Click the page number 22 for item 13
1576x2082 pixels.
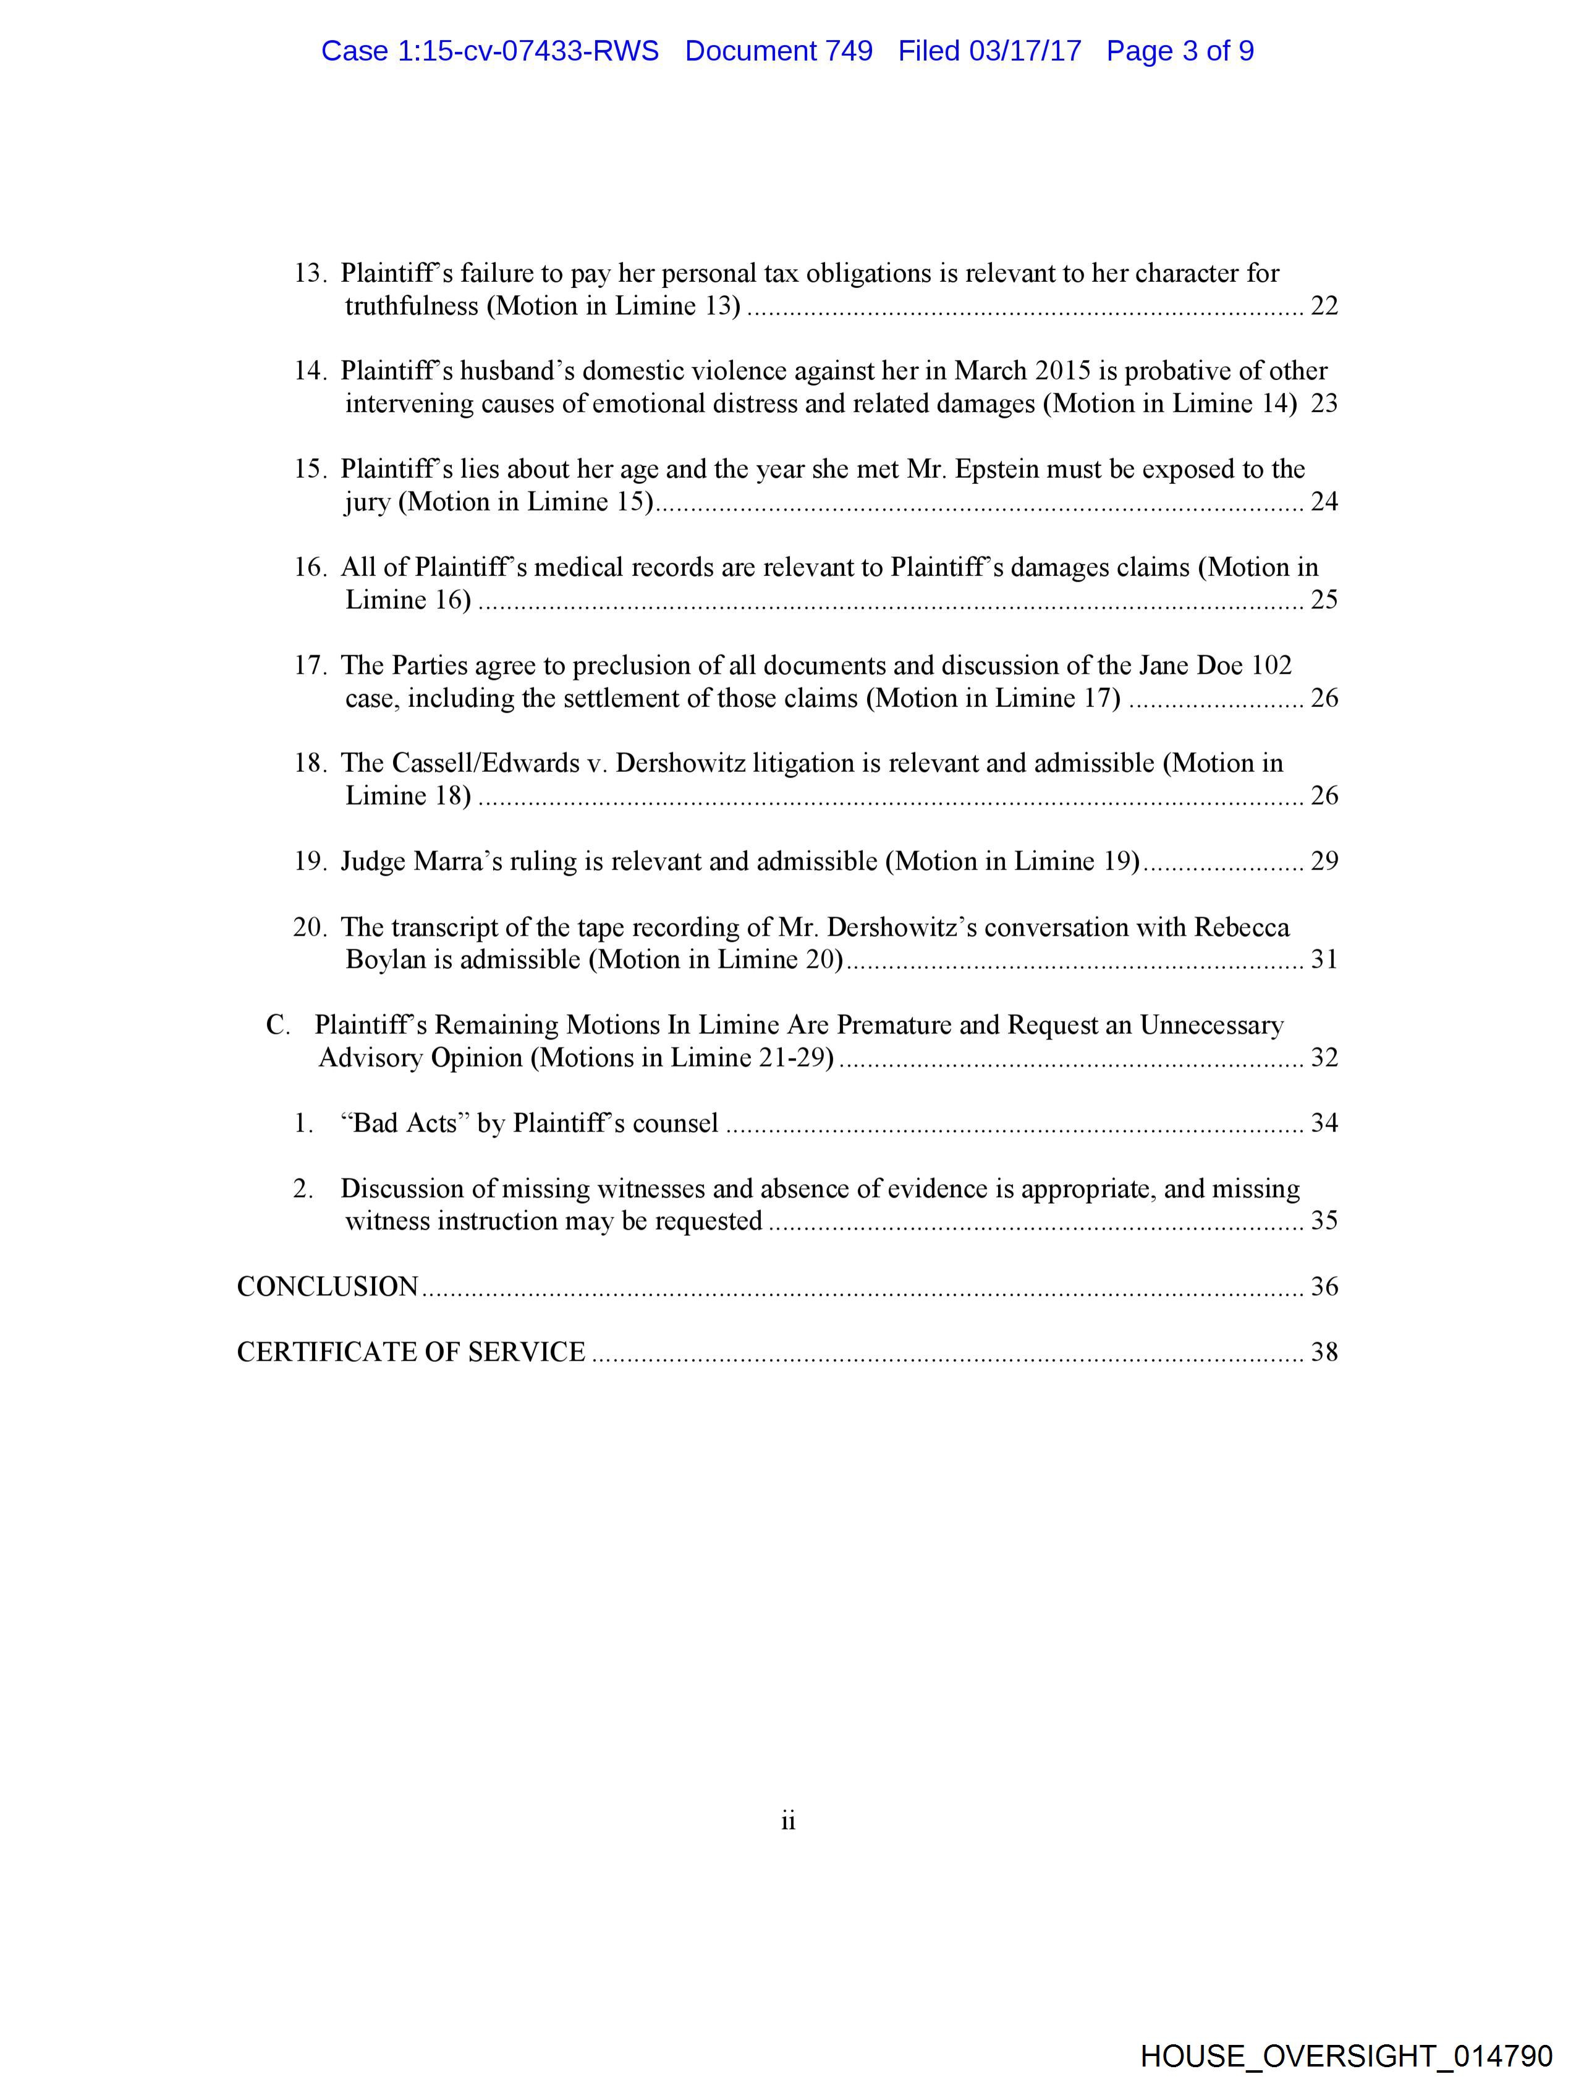pos(1324,307)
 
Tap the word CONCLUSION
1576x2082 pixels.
pos(327,1287)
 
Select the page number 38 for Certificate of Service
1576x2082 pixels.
pos(1324,1353)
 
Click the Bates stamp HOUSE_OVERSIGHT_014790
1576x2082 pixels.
pos(1346,2055)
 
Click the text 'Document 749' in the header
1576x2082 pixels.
pos(779,51)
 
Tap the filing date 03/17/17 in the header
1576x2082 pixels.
pos(1025,51)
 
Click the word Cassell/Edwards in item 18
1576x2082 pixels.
pos(482,763)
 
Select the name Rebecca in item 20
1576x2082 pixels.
pos(1241,927)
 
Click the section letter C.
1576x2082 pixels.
pos(277,1025)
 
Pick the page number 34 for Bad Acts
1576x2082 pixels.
pos(1324,1123)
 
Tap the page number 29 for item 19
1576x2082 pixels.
pos(1324,861)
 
